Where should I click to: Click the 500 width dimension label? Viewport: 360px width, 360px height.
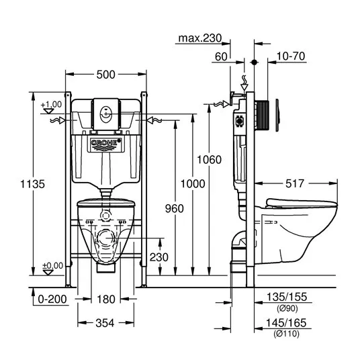tap(105, 75)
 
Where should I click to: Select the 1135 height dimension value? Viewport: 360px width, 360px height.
tap(33, 184)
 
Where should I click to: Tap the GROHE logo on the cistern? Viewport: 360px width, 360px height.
tap(105, 144)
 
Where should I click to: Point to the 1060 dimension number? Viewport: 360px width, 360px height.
tap(209, 160)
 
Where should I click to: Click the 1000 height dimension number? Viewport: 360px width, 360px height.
tap(193, 183)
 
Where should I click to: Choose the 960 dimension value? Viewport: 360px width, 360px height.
tap(175, 208)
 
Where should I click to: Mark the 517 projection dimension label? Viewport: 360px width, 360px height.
tap(295, 183)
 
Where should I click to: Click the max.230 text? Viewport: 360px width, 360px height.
tap(200, 38)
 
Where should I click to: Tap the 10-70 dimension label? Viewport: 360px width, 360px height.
tap(291, 56)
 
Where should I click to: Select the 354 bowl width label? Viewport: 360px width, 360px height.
tap(105, 323)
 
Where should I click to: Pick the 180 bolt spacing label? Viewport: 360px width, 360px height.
tap(106, 299)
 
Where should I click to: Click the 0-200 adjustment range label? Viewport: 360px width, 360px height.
tap(52, 299)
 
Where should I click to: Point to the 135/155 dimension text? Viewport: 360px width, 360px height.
tap(287, 297)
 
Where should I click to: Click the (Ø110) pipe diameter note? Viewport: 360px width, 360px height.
tap(286, 333)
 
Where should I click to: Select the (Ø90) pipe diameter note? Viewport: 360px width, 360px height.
tap(287, 308)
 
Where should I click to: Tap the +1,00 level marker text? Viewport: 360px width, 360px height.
tap(51, 105)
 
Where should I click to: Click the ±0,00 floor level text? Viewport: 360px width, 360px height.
tap(52, 266)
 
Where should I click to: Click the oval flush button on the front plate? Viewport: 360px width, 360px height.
tap(105, 114)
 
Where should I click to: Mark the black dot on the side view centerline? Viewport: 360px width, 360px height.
tap(254, 62)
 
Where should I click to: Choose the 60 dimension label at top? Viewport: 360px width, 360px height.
tap(221, 56)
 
